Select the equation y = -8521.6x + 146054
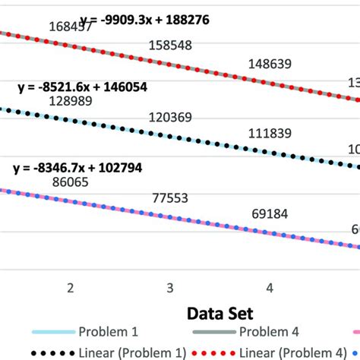point(83,87)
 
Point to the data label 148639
point(270,65)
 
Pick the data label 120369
point(171,118)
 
